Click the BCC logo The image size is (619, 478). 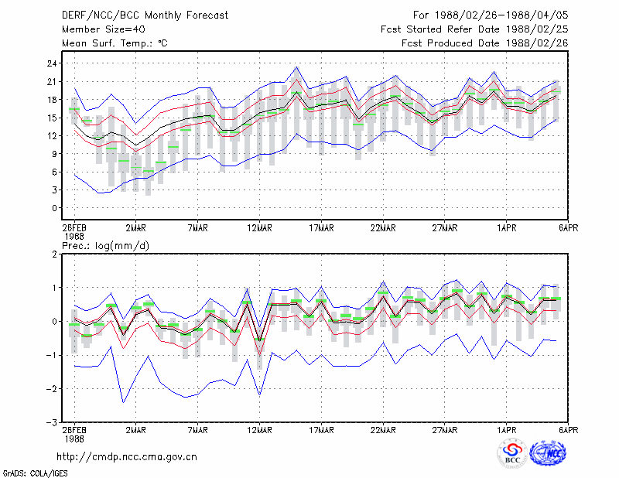click(x=512, y=453)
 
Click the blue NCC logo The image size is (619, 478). click(x=548, y=453)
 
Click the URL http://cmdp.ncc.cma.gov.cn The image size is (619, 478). click(x=127, y=457)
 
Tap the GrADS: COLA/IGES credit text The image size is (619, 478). click(x=35, y=473)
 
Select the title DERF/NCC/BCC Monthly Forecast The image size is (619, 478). click(x=145, y=15)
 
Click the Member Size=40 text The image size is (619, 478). click(x=104, y=29)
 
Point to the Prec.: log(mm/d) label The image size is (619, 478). click(x=105, y=246)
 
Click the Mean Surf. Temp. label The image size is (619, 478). click(x=115, y=43)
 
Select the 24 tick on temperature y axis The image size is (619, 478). click(x=52, y=63)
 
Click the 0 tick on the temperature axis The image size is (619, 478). click(x=54, y=208)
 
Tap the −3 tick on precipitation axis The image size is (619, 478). click(x=52, y=422)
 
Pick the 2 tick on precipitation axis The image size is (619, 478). click(x=54, y=254)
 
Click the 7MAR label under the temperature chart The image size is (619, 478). click(x=198, y=228)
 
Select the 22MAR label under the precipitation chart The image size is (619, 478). click(x=383, y=430)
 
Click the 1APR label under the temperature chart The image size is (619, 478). click(x=507, y=228)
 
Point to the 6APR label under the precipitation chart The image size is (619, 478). click(x=568, y=430)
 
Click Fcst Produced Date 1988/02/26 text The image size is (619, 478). click(x=485, y=43)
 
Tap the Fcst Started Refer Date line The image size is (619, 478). click(x=474, y=29)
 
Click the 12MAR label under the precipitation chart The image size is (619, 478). click(x=259, y=430)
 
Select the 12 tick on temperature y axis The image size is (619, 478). click(x=52, y=136)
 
